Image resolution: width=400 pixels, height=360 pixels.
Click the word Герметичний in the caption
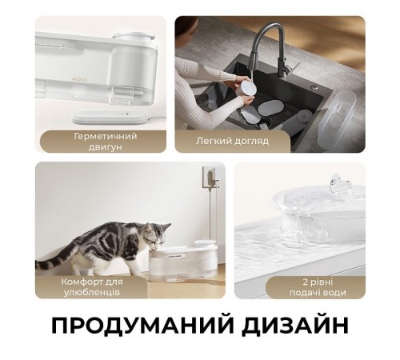click(106, 136)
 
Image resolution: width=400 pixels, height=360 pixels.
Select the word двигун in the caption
click(105, 147)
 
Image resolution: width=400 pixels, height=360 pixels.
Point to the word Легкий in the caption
click(213, 141)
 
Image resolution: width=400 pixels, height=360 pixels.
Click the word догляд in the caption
click(251, 141)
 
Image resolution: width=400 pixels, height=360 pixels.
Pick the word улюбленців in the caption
click(92, 293)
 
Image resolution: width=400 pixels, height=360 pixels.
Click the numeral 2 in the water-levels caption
click(306, 282)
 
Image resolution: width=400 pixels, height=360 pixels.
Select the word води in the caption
click(334, 293)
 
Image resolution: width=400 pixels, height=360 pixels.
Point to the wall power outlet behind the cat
click(211, 177)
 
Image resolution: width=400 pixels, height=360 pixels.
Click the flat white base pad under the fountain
click(110, 117)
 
